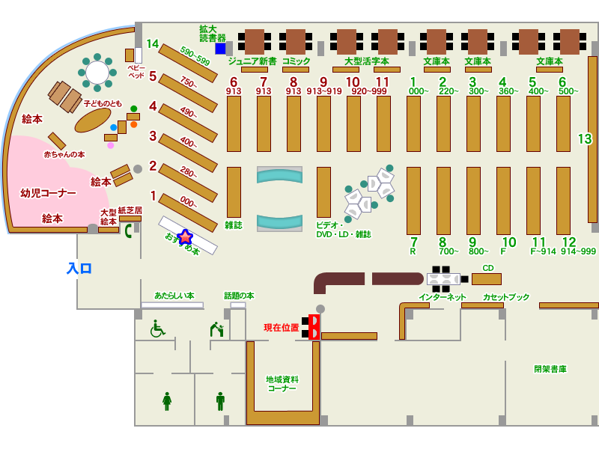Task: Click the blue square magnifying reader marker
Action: pyautogui.click(x=220, y=49)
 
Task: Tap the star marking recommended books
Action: pyautogui.click(x=184, y=237)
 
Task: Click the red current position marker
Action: pyautogui.click(x=314, y=326)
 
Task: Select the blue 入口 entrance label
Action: pyautogui.click(x=79, y=268)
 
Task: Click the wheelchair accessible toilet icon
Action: pyautogui.click(x=157, y=329)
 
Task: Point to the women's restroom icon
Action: pyautogui.click(x=167, y=401)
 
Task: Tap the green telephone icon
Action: pyautogui.click(x=128, y=230)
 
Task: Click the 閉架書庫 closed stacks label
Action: pyautogui.click(x=550, y=369)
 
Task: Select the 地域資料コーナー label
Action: pyautogui.click(x=282, y=384)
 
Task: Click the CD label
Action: pyautogui.click(x=488, y=268)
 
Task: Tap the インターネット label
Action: pyautogui.click(x=442, y=297)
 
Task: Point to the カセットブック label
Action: pyautogui.click(x=506, y=297)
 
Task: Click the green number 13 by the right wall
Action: pyautogui.click(x=584, y=139)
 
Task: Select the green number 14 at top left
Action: pyautogui.click(x=152, y=44)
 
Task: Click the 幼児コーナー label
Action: pyautogui.click(x=48, y=193)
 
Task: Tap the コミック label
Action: pyautogui.click(x=296, y=61)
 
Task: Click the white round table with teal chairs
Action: pyautogui.click(x=97, y=72)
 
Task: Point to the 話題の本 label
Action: pyautogui.click(x=239, y=296)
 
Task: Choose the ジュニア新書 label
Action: pyautogui.click(x=252, y=61)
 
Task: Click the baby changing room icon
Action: pyautogui.click(x=216, y=329)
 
